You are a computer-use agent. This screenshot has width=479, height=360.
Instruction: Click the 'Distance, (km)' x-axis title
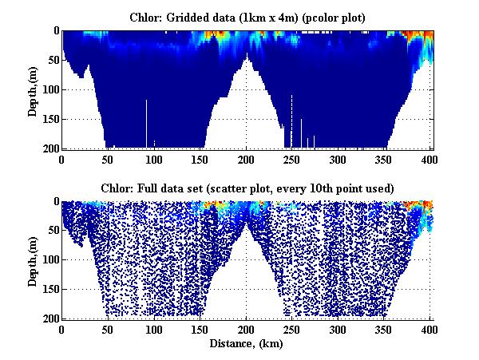[x=247, y=344]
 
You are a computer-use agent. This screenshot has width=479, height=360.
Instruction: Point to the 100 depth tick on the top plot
[x=49, y=89]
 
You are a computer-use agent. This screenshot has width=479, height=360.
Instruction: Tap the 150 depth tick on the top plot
[x=49, y=119]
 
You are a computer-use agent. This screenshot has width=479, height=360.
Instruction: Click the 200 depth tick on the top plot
[x=49, y=148]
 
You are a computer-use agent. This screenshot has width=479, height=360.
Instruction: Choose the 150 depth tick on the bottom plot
[x=49, y=289]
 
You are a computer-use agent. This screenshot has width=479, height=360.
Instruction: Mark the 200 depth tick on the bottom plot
[x=49, y=318]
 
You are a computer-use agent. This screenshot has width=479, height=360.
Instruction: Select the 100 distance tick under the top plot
[x=154, y=158]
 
